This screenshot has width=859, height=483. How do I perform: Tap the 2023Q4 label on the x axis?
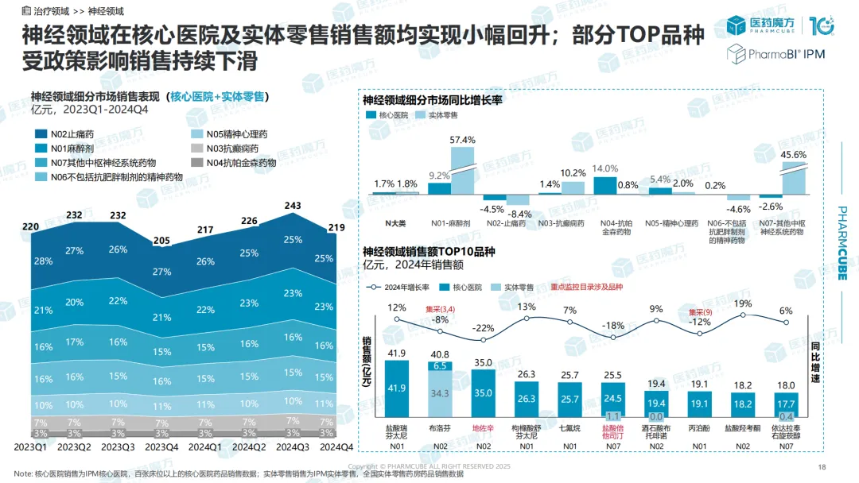point(162,446)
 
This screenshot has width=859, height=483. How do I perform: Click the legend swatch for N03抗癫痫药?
point(196,149)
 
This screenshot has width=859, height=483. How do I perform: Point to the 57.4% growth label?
point(462,140)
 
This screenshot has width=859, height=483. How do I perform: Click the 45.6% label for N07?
point(795,154)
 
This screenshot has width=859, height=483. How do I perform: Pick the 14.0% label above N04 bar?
point(605,168)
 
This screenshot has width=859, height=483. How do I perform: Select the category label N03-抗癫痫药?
point(561,223)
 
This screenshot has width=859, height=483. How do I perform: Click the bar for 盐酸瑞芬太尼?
point(396,388)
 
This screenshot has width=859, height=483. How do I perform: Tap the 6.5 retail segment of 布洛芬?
point(440,366)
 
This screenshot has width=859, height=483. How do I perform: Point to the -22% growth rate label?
point(483,328)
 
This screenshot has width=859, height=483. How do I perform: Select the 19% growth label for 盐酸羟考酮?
point(744,303)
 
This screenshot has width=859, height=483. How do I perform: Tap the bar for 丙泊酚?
point(700,403)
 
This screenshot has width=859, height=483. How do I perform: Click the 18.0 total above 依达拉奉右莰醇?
point(787,385)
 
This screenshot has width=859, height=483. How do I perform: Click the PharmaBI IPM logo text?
point(779,54)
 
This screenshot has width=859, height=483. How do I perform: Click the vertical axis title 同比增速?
point(817,365)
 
